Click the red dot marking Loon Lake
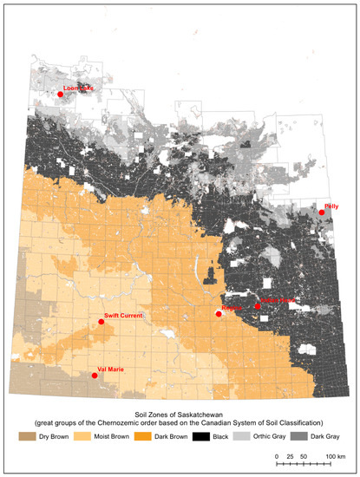60,94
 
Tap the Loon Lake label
78,88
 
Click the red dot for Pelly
322,212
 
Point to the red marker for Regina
219,314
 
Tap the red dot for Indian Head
258,306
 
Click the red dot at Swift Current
101,322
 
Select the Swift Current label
123,316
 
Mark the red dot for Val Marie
94,376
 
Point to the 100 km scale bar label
336,454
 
